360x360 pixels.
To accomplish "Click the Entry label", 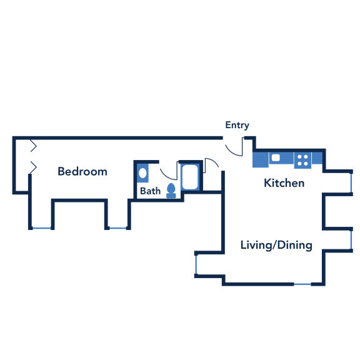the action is pyautogui.click(x=237, y=126).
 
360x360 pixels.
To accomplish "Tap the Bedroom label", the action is pyautogui.click(x=82, y=171).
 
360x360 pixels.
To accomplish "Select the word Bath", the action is pyautogui.click(x=151, y=191).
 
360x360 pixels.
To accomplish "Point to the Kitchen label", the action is pyautogui.click(x=284, y=183).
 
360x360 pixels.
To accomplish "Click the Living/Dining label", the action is pyautogui.click(x=276, y=245).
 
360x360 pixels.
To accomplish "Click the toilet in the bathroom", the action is pyautogui.click(x=171, y=191).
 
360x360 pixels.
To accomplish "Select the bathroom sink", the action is pyautogui.click(x=142, y=173).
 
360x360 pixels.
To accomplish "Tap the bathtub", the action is pyautogui.click(x=190, y=177).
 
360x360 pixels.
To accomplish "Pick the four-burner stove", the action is pyautogui.click(x=302, y=160).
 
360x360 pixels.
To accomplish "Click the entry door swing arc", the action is pyautogui.click(x=232, y=152).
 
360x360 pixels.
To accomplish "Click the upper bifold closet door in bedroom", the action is pyautogui.click(x=34, y=146).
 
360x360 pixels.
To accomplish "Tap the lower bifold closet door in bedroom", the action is pyautogui.click(x=34, y=167).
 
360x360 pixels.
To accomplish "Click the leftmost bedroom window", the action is pyautogui.click(x=41, y=228).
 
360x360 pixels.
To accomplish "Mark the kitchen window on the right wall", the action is pyautogui.click(x=351, y=182).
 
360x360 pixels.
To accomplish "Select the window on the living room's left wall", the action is pyautogui.click(x=196, y=264).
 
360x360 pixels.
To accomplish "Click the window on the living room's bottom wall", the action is pyautogui.click(x=302, y=284).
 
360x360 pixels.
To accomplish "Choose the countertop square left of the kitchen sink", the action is pyautogui.click(x=261, y=159).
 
